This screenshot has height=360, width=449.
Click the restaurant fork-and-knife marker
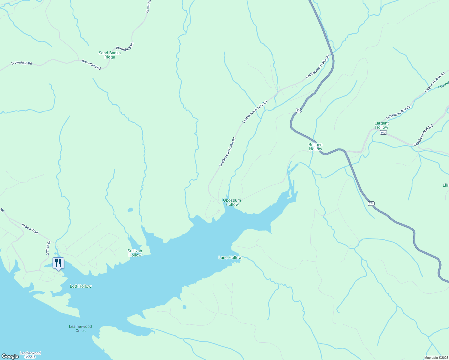click(x=58, y=263)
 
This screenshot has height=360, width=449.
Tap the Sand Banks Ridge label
click(x=110, y=55)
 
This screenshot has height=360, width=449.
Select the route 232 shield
click(x=298, y=110)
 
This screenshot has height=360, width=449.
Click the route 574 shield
click(x=371, y=203)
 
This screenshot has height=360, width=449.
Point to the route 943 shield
click(x=383, y=132)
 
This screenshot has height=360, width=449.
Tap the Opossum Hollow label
click(x=232, y=202)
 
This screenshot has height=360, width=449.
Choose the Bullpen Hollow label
click(x=315, y=147)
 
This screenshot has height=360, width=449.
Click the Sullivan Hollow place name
click(x=135, y=253)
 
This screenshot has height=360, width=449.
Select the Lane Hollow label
click(x=230, y=257)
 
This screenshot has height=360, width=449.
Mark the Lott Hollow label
click(x=80, y=286)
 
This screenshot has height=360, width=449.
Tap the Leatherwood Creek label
click(x=80, y=328)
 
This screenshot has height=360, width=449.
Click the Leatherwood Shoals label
click(x=30, y=355)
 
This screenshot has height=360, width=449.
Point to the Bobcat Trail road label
click(x=30, y=229)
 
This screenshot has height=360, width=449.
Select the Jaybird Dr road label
click(x=47, y=248)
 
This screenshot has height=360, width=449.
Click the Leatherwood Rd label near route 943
click(x=423, y=135)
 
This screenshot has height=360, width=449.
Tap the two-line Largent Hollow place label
click(x=381, y=125)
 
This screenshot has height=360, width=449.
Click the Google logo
click(x=10, y=356)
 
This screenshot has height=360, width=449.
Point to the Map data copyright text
click(x=436, y=358)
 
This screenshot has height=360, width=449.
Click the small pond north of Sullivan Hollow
click(x=130, y=210)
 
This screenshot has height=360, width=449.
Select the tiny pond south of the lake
click(x=184, y=307)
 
